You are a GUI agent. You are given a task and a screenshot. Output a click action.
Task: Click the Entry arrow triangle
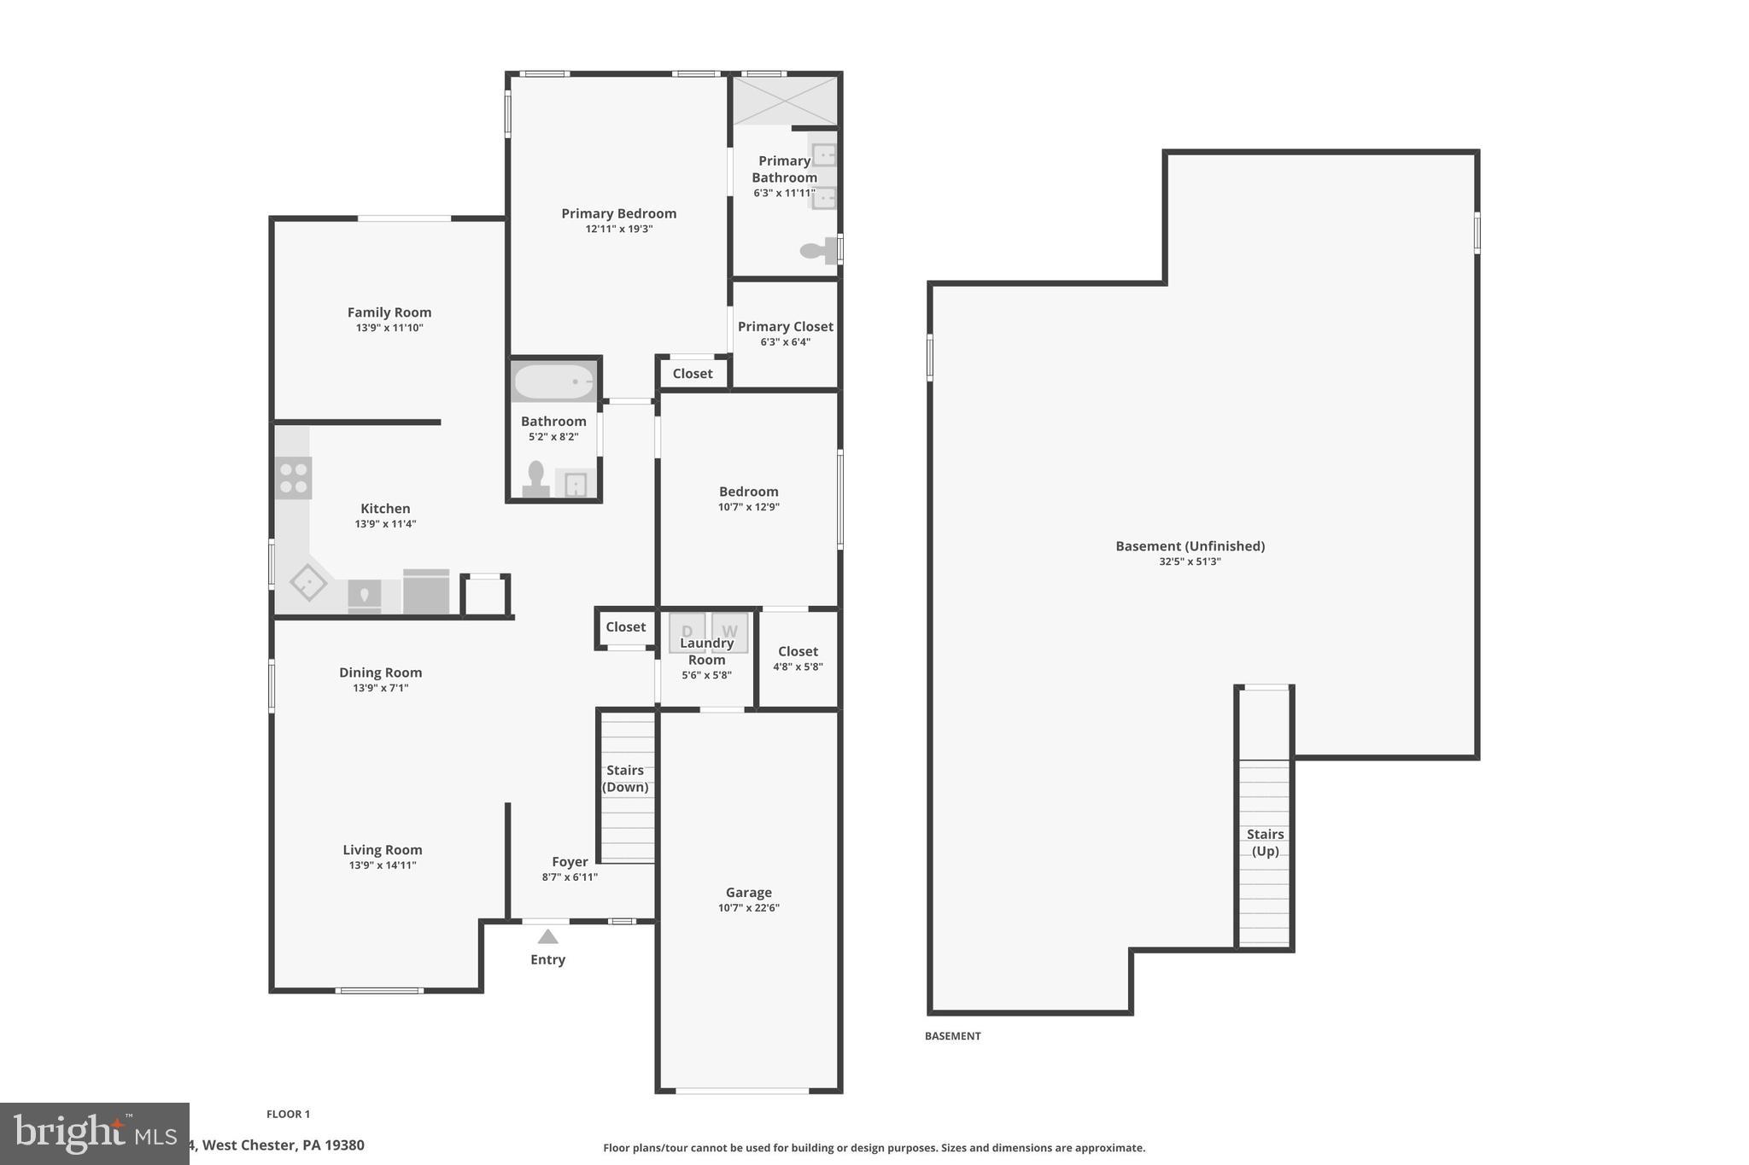tap(547, 936)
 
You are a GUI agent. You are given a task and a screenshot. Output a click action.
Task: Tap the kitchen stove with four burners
tap(293, 478)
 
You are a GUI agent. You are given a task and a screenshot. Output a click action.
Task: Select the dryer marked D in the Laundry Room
tap(687, 632)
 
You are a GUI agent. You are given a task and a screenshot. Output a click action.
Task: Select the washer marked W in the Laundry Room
tap(729, 632)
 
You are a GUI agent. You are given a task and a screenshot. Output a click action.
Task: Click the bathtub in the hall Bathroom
tap(553, 382)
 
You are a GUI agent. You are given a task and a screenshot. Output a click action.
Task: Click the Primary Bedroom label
tap(618, 213)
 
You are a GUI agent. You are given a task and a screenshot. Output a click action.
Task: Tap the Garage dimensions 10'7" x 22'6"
tap(748, 908)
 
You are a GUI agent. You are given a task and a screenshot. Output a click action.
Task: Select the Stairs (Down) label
tap(625, 778)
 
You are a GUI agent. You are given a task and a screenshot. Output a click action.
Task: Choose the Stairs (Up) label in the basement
tap(1265, 842)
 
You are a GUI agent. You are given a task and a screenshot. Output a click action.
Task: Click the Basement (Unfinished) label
tap(1190, 546)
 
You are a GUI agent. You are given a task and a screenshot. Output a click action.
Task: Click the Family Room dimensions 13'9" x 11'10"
tap(389, 328)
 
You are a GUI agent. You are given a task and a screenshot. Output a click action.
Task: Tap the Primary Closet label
tap(785, 326)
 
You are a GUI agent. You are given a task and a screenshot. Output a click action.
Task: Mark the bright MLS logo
tap(94, 1133)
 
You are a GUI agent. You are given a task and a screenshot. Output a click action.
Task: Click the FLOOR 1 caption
tap(288, 1114)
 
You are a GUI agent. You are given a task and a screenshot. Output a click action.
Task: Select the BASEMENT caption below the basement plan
tap(952, 1036)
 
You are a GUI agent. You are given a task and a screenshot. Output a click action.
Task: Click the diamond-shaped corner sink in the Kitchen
tap(308, 583)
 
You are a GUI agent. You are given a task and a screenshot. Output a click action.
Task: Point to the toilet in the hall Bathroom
tap(536, 480)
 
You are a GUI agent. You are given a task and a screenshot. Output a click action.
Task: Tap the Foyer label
tap(570, 862)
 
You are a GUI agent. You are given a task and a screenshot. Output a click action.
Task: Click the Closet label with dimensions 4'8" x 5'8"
tap(798, 651)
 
